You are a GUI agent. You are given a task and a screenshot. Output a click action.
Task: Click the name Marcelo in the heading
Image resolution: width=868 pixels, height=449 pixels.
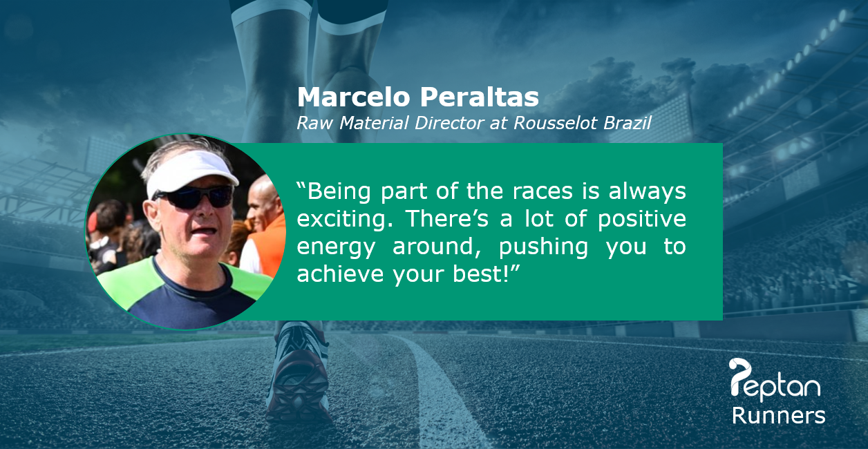click(x=353, y=97)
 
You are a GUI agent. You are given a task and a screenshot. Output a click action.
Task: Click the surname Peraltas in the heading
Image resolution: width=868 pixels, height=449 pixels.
click(x=480, y=97)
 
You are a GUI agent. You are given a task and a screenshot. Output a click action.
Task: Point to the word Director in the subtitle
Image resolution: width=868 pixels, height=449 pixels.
click(x=449, y=123)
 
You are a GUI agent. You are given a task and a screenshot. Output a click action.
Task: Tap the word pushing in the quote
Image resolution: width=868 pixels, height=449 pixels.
click(x=543, y=247)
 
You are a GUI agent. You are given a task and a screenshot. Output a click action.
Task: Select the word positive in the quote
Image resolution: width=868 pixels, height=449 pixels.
click(x=642, y=220)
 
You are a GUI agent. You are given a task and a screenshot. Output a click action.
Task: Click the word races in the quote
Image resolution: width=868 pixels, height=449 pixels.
click(x=542, y=192)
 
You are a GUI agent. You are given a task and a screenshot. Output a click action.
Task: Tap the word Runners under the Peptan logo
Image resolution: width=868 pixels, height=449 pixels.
click(x=778, y=416)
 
